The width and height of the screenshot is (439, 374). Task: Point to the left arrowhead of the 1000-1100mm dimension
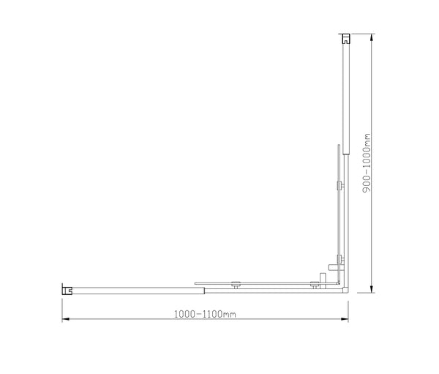point(64,320)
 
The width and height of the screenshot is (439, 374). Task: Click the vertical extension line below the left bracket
point(61,307)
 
